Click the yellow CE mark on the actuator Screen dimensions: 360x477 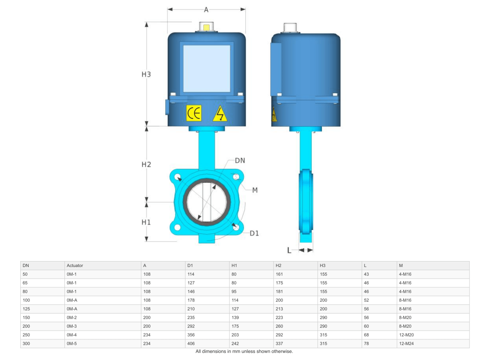click(194, 113)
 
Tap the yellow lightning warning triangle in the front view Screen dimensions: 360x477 click(219, 114)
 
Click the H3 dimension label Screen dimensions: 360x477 click(146, 74)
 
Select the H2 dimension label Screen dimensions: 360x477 click(146, 164)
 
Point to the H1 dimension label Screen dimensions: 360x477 click(146, 222)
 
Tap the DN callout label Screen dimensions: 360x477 click(240, 161)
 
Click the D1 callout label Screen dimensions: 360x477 click(254, 233)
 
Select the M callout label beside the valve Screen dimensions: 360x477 click(255, 190)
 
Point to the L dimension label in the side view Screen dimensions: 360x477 click(290, 250)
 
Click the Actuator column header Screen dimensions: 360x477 click(75, 265)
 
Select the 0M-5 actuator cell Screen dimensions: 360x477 click(72, 344)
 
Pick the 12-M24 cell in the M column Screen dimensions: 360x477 click(407, 344)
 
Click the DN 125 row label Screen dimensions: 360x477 click(26, 309)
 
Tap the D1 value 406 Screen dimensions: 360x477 click(191, 344)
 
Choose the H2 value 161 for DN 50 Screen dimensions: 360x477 click(279, 274)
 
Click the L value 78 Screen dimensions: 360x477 click(366, 344)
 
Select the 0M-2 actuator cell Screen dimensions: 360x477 click(72, 317)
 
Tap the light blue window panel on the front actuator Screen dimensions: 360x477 click(206, 69)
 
